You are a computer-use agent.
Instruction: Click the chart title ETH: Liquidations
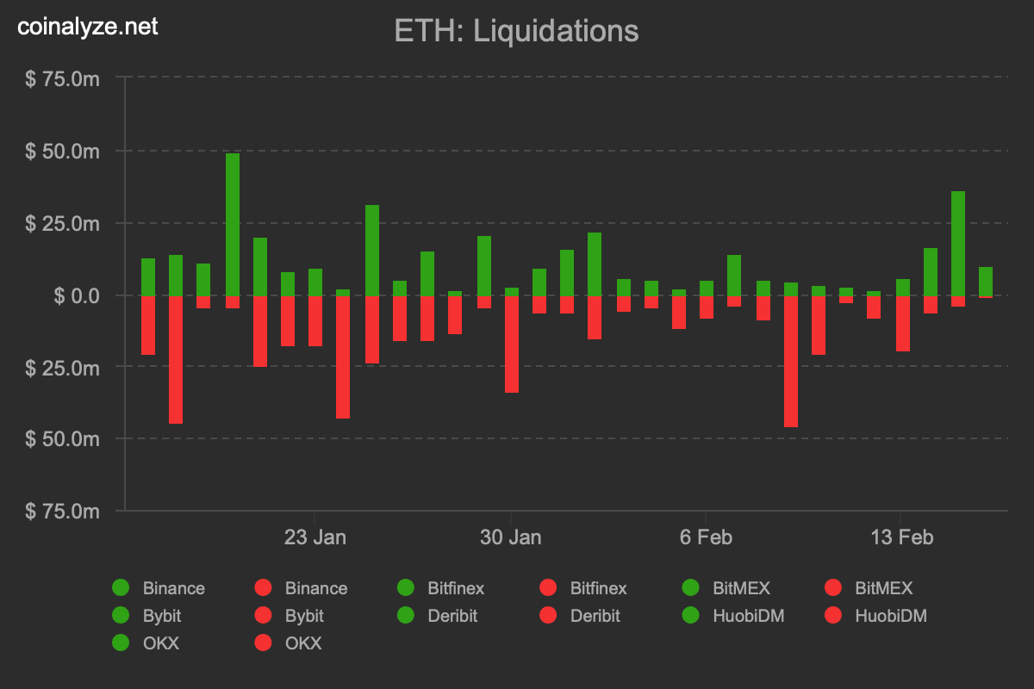516,31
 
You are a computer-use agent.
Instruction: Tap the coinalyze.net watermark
88,27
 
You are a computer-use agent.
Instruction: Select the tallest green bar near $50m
233,224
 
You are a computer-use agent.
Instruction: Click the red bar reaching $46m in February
791,361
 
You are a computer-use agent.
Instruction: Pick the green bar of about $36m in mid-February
958,243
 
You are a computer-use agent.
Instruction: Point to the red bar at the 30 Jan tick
512,344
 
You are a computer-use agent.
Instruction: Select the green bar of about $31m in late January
372,250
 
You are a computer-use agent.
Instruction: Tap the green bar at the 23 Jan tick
315,282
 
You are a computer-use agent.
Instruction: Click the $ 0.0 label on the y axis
77,295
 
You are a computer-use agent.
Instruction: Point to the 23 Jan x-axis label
315,537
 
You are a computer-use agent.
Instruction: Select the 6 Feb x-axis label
706,537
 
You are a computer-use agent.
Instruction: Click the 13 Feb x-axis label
902,537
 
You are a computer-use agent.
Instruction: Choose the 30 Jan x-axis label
511,537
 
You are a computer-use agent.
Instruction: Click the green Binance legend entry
159,588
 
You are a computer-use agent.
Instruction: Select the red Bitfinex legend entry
586,588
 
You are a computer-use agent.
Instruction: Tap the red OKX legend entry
290,643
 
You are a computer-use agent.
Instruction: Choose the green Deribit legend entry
439,616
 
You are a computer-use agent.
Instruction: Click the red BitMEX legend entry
870,588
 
